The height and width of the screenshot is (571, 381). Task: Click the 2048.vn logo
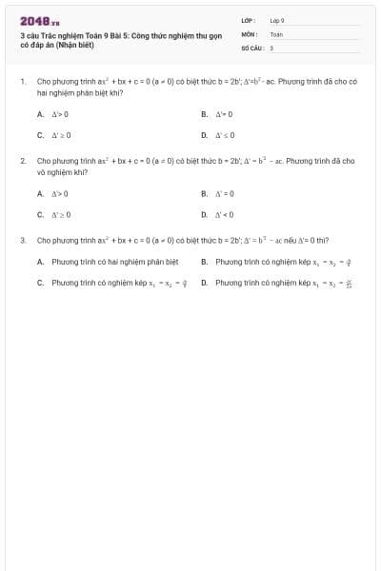click(x=39, y=20)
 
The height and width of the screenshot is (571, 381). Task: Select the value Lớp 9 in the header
click(x=277, y=20)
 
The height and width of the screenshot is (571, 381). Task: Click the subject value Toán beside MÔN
click(x=276, y=33)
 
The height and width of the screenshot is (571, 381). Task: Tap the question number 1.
click(x=22, y=83)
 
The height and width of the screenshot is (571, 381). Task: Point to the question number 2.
click(x=22, y=162)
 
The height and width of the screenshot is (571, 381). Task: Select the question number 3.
click(x=22, y=241)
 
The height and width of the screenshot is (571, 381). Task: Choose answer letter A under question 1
click(x=40, y=114)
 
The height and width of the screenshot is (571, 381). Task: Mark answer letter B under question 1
click(x=204, y=114)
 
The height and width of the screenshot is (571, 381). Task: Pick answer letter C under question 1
click(x=40, y=135)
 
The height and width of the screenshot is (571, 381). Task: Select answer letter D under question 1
click(x=204, y=135)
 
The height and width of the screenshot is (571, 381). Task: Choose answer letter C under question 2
click(x=40, y=214)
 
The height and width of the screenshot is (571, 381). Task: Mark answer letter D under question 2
click(x=204, y=214)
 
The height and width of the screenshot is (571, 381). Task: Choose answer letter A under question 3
click(x=40, y=261)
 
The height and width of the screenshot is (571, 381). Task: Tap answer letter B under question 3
click(x=204, y=261)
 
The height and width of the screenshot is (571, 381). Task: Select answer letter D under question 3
click(x=204, y=283)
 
